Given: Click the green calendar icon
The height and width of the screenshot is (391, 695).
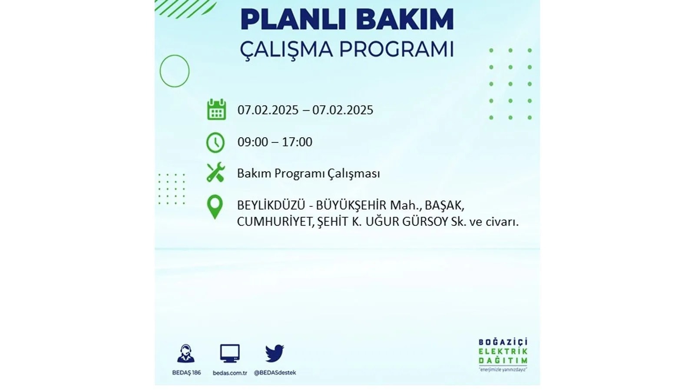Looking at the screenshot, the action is (x=217, y=109).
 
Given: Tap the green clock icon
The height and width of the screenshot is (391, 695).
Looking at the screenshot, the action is (x=215, y=142).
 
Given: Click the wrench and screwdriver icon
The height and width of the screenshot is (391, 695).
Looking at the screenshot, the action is (x=215, y=172).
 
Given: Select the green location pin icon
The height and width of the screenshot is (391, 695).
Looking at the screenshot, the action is (x=215, y=207).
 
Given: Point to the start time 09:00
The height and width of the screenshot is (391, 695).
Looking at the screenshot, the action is (x=252, y=142).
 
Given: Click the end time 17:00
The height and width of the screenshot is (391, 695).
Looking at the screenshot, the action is (x=297, y=142).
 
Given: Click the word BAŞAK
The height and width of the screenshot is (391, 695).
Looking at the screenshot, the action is (x=444, y=205).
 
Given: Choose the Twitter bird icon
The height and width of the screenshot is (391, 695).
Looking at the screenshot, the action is (x=275, y=353).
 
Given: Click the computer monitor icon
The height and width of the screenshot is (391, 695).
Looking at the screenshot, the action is (x=230, y=354).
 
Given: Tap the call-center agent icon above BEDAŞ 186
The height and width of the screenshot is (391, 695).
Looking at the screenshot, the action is (x=186, y=354).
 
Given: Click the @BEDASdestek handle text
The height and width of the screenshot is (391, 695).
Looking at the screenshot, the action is (x=275, y=373).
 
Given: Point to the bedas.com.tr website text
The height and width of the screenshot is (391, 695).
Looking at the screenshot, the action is (x=230, y=373).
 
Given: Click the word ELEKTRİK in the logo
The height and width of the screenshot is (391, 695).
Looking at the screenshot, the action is (x=503, y=351).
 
